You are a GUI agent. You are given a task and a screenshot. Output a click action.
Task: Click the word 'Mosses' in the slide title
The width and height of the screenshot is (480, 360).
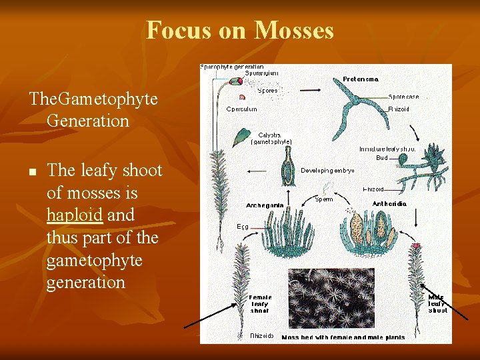point(293,30)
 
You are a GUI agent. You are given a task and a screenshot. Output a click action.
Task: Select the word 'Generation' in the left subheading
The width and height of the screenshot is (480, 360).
point(88,121)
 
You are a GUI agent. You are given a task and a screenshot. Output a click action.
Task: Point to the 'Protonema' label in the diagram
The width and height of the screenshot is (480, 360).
point(361,79)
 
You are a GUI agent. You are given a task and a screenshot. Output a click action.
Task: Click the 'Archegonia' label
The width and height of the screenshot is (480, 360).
point(265,205)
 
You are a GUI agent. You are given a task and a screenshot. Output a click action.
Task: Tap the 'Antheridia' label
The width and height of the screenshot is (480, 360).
point(389,204)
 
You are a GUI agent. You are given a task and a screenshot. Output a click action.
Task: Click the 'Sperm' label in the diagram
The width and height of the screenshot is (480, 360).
point(324,199)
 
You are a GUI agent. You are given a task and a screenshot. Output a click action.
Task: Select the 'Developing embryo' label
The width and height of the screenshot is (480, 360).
point(327,171)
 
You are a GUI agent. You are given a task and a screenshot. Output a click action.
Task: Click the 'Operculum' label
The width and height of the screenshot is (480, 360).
point(241,109)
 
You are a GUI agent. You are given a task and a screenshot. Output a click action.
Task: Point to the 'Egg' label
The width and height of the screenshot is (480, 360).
point(243,227)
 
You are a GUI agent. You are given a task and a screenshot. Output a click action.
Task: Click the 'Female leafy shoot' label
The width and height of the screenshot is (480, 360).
point(260,304)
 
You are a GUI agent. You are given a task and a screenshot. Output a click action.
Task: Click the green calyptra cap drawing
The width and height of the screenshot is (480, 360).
point(239,137)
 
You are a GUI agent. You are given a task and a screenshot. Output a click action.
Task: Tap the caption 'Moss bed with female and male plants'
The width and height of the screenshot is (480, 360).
point(343,337)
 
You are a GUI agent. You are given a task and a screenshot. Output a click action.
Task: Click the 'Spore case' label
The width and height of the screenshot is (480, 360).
point(403,97)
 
